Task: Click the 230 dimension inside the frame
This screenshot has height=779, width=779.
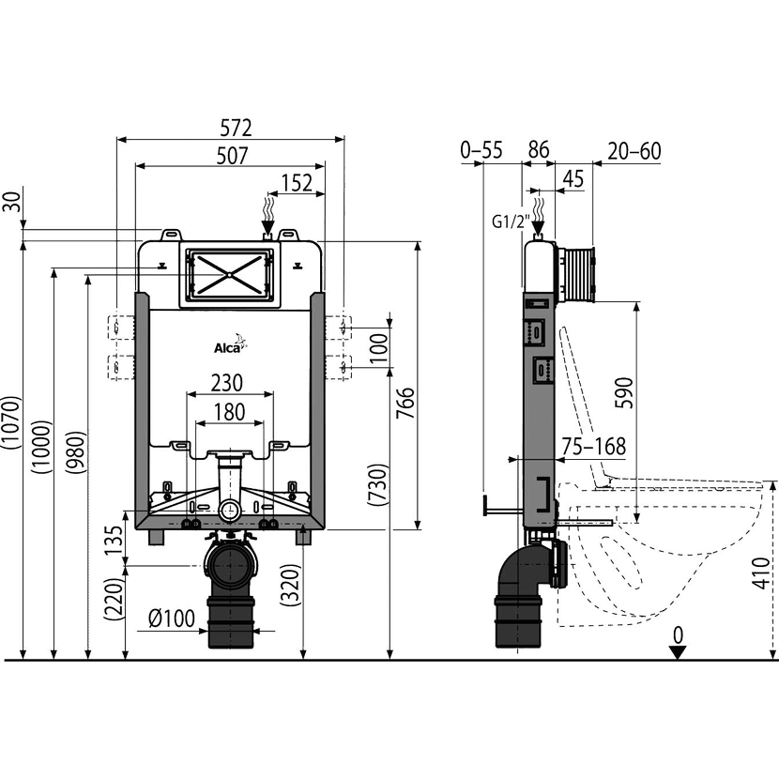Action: [229, 383]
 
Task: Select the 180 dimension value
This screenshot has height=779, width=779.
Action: [229, 411]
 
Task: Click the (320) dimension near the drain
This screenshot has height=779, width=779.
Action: [292, 587]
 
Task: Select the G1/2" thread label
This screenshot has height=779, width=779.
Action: [508, 221]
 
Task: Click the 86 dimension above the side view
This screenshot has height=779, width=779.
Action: [539, 148]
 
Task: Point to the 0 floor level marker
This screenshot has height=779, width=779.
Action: [679, 637]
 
